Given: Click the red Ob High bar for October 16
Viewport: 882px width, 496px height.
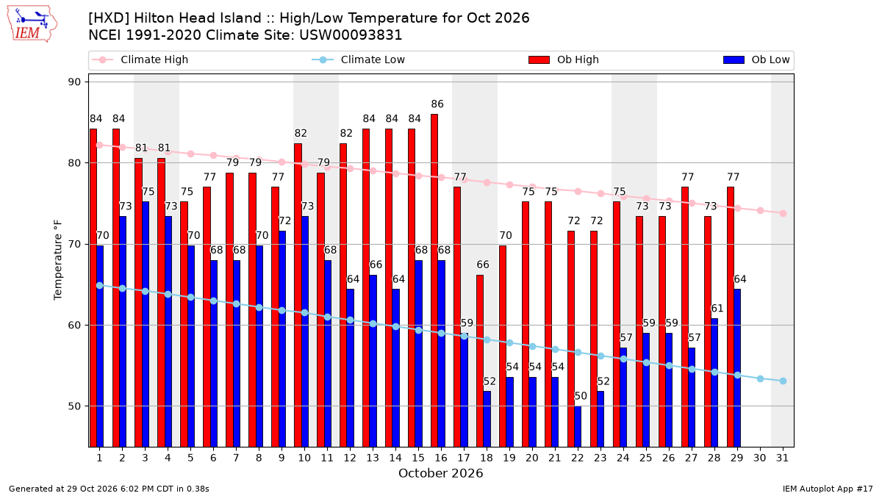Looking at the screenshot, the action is [434, 281].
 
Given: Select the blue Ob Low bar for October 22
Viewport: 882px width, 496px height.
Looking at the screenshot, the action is [578, 427].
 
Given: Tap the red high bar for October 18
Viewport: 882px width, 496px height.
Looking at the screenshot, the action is [479, 361].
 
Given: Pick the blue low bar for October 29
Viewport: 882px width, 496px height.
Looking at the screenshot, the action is [737, 368].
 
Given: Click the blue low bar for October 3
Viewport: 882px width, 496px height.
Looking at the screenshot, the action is [146, 324].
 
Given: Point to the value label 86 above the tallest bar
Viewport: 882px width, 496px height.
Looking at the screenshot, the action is [437, 104].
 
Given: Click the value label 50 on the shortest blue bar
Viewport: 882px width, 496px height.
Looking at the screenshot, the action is [581, 396].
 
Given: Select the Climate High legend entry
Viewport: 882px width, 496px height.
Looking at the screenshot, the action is [140, 60].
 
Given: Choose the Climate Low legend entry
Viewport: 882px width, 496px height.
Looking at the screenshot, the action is [359, 60].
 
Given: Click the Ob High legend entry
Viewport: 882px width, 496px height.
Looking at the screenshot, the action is [564, 60].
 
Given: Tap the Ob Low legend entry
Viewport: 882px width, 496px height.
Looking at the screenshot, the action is [756, 60].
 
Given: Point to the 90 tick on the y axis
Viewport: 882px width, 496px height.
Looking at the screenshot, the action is [74, 82].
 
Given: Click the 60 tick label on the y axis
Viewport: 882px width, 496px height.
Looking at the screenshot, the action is [74, 325].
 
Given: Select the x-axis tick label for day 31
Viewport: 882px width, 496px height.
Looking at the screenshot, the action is [782, 458].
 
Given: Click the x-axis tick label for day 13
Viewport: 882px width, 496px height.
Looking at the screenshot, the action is [373, 458].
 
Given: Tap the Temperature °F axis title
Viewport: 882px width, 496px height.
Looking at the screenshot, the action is [57, 260].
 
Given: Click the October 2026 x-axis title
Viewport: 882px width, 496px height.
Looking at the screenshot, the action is [440, 473].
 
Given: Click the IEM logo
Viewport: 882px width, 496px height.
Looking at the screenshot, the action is [32, 24].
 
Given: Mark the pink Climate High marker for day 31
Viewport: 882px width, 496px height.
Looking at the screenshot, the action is [783, 213].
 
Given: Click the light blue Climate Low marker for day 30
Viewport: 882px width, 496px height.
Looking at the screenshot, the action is [760, 378].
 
